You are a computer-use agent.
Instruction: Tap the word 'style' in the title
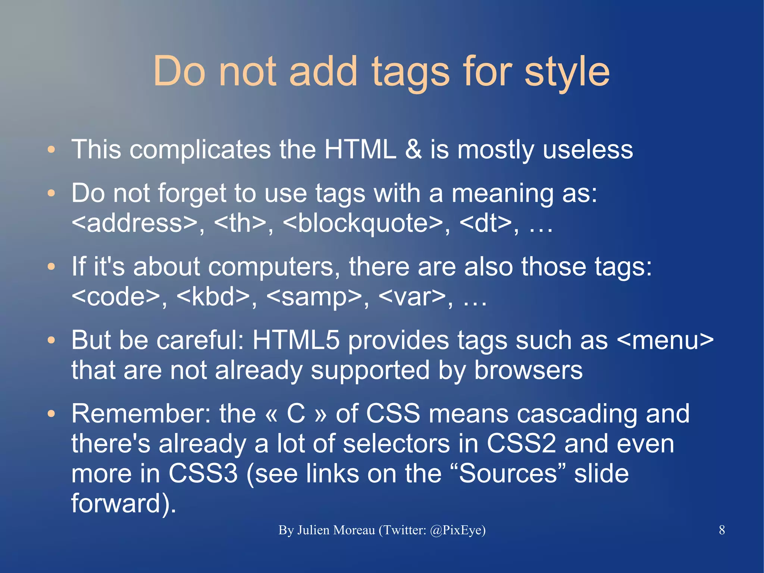pyautogui.click(x=567, y=72)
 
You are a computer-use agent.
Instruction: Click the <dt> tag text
pyautogui.click(x=485, y=223)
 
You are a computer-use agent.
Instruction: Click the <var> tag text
pyautogui.click(x=412, y=297)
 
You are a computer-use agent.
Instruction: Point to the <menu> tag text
pyautogui.click(x=665, y=340)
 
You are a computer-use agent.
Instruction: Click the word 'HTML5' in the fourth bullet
pyautogui.click(x=296, y=340)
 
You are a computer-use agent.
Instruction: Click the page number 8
pyautogui.click(x=722, y=530)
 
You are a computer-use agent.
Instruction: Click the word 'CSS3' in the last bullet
pyautogui.click(x=203, y=473)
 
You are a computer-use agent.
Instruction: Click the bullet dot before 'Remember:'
pyautogui.click(x=51, y=414)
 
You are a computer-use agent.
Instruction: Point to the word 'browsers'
pyautogui.click(x=528, y=370)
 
